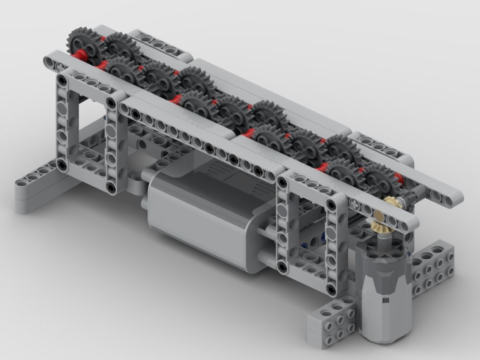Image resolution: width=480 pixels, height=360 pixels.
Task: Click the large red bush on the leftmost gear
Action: pos(81,55)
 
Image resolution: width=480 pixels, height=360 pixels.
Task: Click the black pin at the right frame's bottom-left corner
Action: pos(282,265)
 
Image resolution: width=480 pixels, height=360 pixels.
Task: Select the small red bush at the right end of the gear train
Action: pos(398,178)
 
